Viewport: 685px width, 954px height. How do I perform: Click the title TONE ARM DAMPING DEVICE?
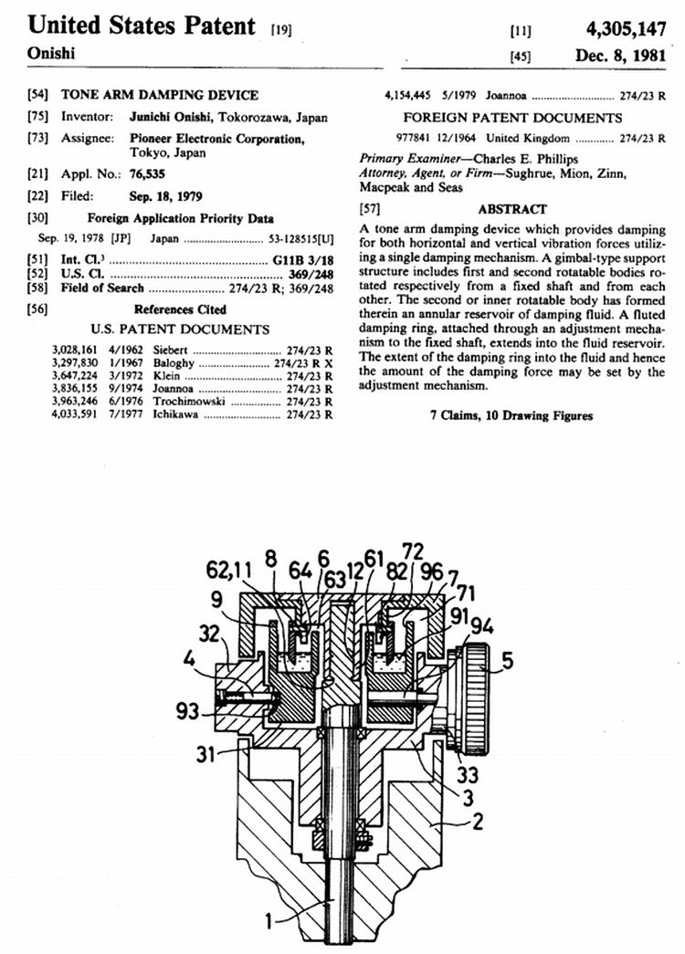160,95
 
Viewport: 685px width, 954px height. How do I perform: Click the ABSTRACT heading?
511,209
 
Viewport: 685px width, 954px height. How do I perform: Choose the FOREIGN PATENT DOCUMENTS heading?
512,118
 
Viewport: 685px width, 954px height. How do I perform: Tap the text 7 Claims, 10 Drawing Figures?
511,416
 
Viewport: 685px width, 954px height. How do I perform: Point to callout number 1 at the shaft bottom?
271,921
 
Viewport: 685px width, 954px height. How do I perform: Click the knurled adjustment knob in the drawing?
475,697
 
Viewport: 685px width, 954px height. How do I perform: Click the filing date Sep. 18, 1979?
166,196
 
